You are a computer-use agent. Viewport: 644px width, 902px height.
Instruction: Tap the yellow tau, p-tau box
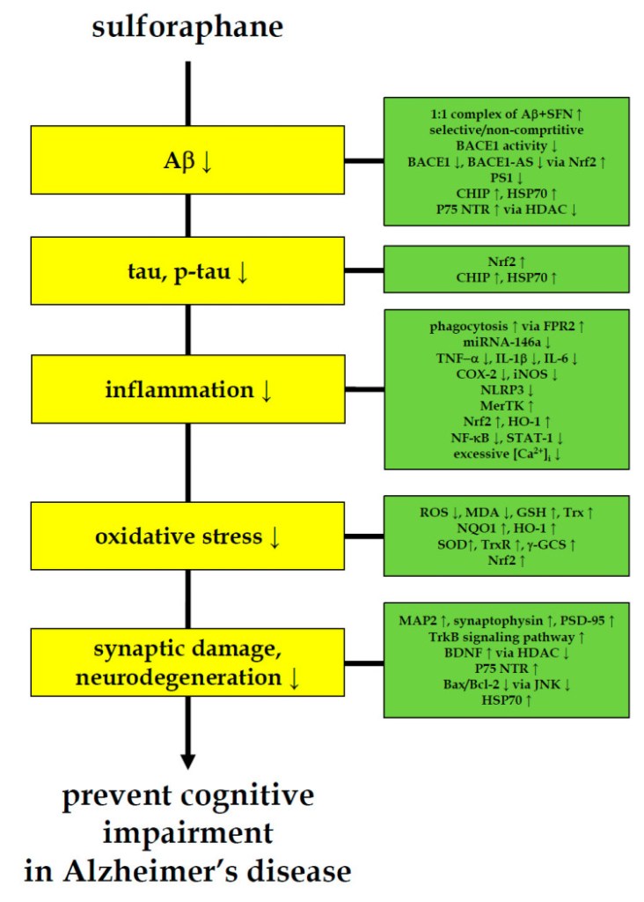coord(187,272)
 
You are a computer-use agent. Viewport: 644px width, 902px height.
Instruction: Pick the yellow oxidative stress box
coord(187,536)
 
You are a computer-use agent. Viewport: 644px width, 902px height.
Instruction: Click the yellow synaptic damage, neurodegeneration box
coord(187,664)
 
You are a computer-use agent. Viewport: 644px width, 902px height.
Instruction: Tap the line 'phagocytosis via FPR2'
coord(506,327)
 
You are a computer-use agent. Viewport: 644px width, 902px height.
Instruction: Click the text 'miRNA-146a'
coord(506,343)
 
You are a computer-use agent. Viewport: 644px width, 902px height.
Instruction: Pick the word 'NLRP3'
coord(506,391)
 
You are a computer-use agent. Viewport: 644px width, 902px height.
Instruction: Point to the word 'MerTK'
coord(506,407)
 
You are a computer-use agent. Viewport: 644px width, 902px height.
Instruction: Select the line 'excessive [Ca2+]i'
coord(506,455)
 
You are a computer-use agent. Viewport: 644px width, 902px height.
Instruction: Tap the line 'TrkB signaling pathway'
coord(506,639)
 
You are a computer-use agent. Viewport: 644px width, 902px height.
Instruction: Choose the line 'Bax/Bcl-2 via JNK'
coord(506,685)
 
